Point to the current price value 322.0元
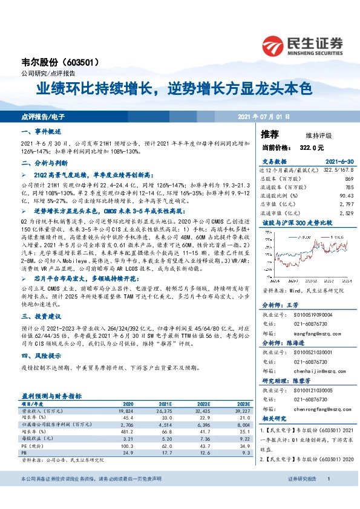click(309, 147)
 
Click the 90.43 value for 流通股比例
click(345, 195)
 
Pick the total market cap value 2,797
click(345, 204)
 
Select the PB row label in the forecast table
click(25, 452)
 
